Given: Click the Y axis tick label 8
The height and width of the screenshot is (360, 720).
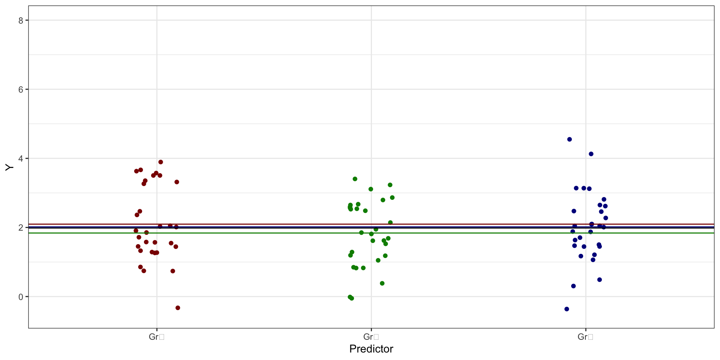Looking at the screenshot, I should [21, 21].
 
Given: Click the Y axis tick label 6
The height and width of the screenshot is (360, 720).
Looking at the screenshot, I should [21, 90].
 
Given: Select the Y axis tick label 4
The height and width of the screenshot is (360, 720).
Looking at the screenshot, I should [21, 159].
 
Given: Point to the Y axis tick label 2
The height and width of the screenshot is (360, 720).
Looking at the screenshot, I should [21, 228].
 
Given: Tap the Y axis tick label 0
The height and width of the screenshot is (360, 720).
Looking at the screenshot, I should [21, 297].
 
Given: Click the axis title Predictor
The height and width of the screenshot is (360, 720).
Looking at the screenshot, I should [371, 349].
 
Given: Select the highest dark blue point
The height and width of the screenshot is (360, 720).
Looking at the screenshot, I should [569, 139].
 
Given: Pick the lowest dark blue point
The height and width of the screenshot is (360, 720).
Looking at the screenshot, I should [567, 309].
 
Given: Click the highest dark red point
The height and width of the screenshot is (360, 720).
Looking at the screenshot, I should [160, 162].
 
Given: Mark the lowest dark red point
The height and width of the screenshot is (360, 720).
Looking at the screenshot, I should [178, 308].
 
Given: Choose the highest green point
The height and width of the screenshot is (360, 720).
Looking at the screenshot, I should [355, 179].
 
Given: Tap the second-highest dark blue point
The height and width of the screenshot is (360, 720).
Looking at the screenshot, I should [591, 154].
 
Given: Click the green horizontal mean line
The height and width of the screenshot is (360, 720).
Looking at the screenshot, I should [262, 233].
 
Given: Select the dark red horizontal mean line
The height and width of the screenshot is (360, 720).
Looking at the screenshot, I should [262, 224].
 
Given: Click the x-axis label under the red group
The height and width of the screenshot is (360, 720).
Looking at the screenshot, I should [156, 337].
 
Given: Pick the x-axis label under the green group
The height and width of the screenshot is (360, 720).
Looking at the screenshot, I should [371, 337].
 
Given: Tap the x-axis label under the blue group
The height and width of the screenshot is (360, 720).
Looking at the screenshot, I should [585, 337].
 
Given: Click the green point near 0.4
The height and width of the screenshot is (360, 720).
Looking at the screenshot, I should [382, 283].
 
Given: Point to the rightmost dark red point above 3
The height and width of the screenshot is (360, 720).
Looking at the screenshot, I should [177, 182].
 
